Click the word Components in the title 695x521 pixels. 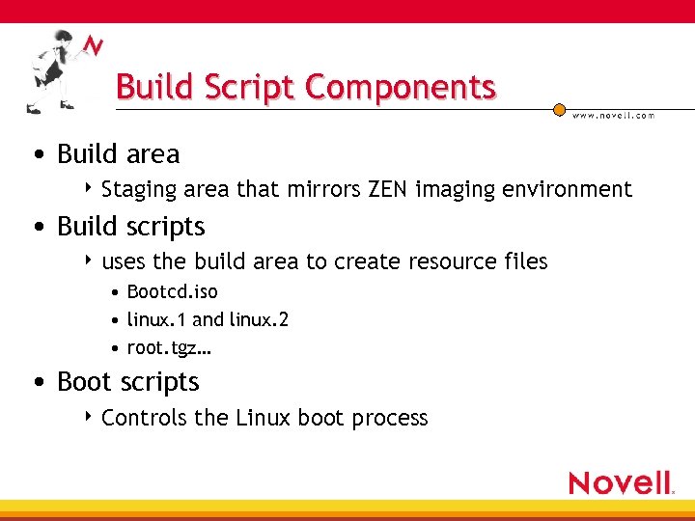coord(400,87)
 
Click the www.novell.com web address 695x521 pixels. coord(613,115)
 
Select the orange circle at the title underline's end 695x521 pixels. coord(559,110)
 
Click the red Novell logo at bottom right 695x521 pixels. coord(621,482)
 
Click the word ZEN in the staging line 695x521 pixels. coord(389,189)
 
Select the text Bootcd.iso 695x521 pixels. coord(173,291)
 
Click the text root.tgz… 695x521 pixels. coord(169,347)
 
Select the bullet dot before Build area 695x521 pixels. coord(37,154)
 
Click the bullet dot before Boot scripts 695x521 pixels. coord(37,382)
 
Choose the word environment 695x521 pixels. coord(571,189)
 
